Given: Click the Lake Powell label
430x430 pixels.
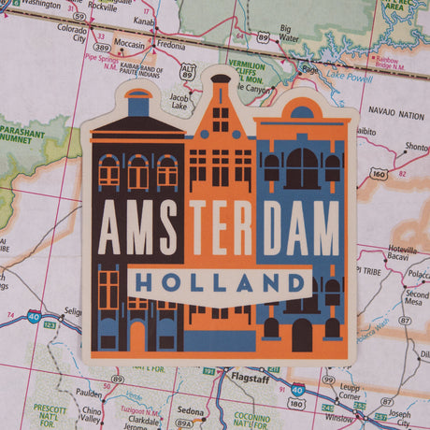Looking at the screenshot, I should (x=349, y=79).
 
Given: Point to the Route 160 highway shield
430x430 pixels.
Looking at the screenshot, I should (x=379, y=172).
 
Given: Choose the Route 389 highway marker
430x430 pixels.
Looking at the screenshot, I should (x=101, y=46).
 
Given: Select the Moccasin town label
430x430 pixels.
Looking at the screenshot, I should (x=129, y=43).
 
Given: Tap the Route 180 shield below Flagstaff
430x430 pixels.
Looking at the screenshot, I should (x=295, y=403).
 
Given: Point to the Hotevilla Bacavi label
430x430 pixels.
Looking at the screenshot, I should (x=405, y=255).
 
